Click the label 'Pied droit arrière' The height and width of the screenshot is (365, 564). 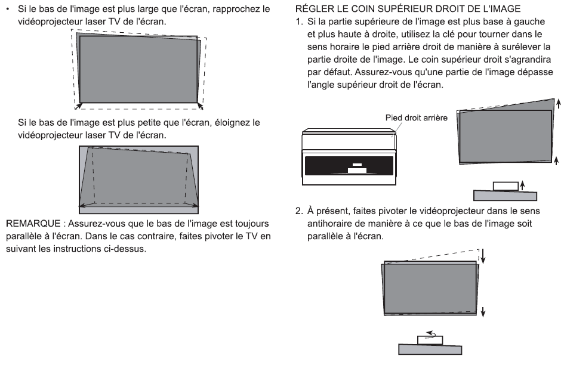[x=416, y=118]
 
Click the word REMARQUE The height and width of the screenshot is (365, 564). [x=33, y=224]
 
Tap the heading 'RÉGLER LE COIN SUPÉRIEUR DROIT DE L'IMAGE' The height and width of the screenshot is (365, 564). [x=408, y=9]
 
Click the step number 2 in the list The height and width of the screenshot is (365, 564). [x=299, y=211]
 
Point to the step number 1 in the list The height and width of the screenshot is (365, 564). [x=299, y=22]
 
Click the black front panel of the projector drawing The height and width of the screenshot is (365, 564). [x=349, y=165]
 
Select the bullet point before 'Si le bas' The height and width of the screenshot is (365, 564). [x=8, y=8]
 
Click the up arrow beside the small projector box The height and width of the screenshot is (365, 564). [x=522, y=185]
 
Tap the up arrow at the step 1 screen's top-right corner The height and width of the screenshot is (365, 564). [x=558, y=104]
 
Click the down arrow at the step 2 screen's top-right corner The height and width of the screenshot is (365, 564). [x=483, y=256]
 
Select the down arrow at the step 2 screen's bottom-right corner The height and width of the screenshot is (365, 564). [x=483, y=311]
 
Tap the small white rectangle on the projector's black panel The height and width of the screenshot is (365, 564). [x=357, y=171]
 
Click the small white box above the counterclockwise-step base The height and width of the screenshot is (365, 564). [x=430, y=340]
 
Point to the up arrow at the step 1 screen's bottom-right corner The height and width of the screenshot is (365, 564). [x=556, y=160]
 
